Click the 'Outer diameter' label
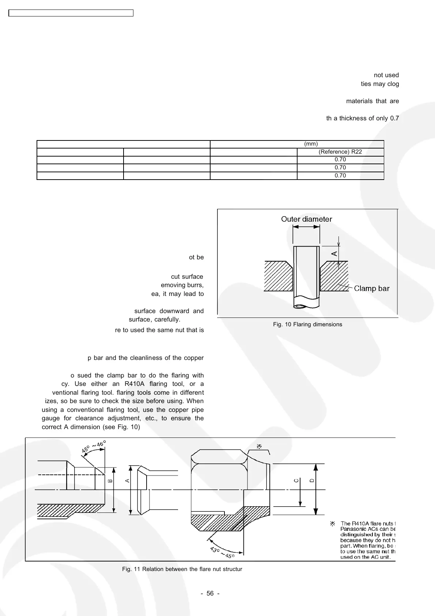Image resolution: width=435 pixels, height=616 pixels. [x=306, y=219]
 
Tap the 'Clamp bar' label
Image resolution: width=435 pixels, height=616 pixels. [x=372, y=289]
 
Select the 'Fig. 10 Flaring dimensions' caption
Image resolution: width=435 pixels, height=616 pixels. [x=307, y=324]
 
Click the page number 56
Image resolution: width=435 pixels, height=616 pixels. [x=210, y=593]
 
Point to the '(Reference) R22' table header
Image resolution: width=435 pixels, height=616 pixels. [x=340, y=152]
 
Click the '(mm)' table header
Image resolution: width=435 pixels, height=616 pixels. [x=311, y=144]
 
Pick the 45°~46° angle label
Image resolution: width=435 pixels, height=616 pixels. [x=94, y=447]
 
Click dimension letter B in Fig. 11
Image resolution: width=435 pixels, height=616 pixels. [x=110, y=480]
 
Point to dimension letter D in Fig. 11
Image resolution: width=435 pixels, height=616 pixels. [x=312, y=480]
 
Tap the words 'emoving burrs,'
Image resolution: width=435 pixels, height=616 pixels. [x=182, y=285]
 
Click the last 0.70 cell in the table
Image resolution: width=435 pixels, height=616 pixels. [x=340, y=176]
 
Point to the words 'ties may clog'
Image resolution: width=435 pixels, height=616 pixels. [x=380, y=84]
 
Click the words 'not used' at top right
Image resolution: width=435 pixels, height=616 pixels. [x=386, y=75]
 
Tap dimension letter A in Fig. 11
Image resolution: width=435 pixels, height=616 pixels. [x=128, y=480]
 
